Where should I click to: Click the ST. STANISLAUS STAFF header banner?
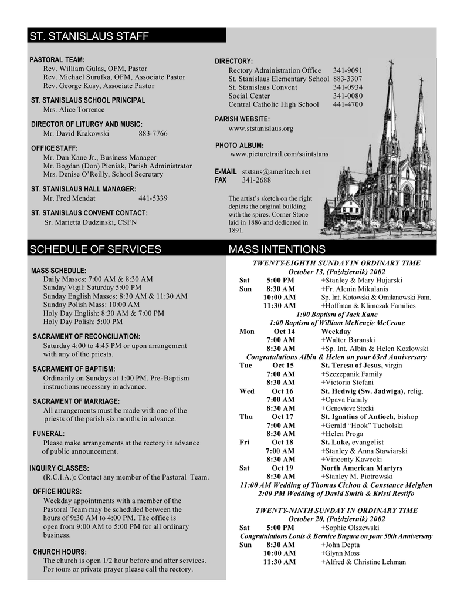tap(127, 36)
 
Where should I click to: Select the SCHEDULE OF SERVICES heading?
tap(96, 249)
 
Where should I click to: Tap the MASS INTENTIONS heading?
tap(277, 249)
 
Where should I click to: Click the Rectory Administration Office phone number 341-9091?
tap(348, 70)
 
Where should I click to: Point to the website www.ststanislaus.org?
tap(260, 128)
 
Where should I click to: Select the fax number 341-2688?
tap(256, 180)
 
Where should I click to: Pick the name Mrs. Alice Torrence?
tap(74, 109)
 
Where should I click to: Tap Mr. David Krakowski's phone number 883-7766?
tap(153, 133)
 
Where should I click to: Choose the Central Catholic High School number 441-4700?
tap(348, 104)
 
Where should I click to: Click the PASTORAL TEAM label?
tap(57, 60)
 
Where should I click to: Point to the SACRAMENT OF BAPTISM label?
tap(74, 369)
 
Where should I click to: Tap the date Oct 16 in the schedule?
tap(282, 391)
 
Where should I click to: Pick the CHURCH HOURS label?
tap(60, 552)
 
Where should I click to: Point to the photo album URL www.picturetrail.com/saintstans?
tap(279, 154)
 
